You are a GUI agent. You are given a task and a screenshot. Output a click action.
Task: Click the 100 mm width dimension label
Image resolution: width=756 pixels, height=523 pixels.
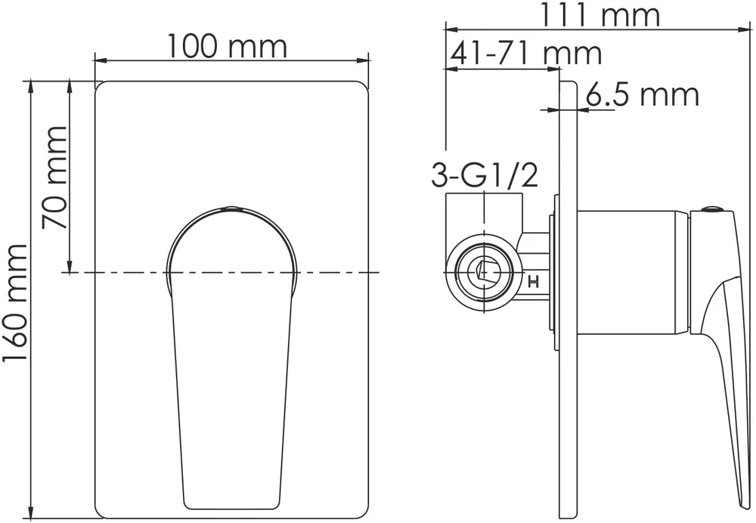(x=227, y=47)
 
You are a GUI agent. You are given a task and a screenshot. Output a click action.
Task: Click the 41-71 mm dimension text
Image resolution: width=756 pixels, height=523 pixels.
(x=525, y=54)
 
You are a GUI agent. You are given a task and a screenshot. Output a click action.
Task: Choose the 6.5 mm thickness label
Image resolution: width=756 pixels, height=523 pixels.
(x=642, y=96)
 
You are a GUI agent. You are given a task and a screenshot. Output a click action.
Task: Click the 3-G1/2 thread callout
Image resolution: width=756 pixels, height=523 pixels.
(x=484, y=176)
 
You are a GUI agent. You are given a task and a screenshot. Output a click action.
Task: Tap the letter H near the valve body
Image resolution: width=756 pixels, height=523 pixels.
(x=533, y=283)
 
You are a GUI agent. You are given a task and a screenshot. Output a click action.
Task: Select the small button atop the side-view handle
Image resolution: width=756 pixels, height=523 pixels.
(x=711, y=211)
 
